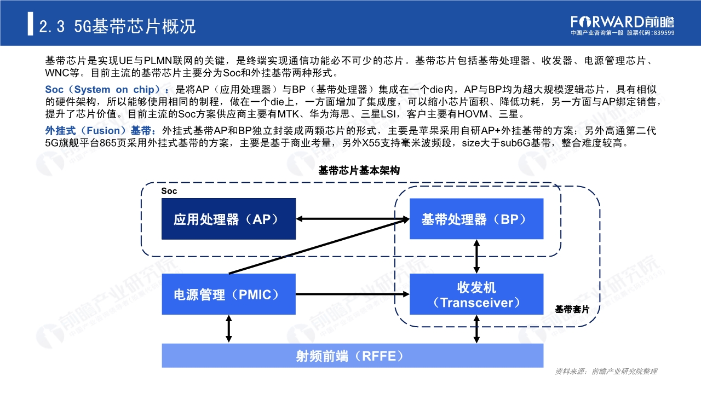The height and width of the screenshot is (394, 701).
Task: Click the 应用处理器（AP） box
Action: pyautogui.click(x=228, y=219)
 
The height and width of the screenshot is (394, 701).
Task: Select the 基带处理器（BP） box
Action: pyautogui.click(x=476, y=219)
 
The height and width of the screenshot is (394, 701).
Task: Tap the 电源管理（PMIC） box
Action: pyautogui.click(x=228, y=294)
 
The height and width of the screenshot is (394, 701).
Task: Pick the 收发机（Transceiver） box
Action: pyautogui.click(x=476, y=294)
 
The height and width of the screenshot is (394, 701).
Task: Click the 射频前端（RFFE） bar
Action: pyautogui.click(x=353, y=356)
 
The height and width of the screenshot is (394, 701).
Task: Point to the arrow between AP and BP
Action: pyautogui.click(x=353, y=219)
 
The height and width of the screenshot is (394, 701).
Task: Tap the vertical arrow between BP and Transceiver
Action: pyautogui.click(x=476, y=256)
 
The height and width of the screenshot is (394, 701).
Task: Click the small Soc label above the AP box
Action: pyautogui.click(x=169, y=191)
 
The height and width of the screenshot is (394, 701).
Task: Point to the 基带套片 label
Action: pyautogui.click(x=572, y=309)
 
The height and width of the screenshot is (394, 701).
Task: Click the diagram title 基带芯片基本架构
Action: pyautogui.click(x=359, y=171)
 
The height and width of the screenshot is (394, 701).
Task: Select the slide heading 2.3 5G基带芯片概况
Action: pyautogui.click(x=118, y=26)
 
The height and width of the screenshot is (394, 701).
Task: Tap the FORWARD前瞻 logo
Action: pyautogui.click(x=622, y=21)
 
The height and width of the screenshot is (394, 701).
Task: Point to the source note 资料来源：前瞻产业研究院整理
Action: pyautogui.click(x=606, y=372)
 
